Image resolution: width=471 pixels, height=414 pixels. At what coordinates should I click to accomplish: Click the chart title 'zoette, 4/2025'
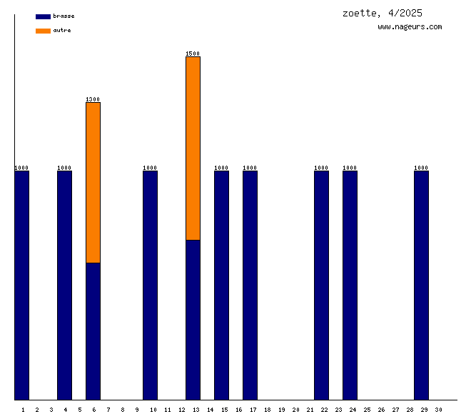pyautogui.click(x=382, y=13)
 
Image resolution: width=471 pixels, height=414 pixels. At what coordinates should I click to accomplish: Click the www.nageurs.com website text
pyautogui.click(x=410, y=27)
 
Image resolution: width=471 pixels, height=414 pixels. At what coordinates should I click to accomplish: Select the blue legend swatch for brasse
pyautogui.click(x=43, y=16)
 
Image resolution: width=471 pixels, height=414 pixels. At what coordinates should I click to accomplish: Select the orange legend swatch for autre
pyautogui.click(x=43, y=31)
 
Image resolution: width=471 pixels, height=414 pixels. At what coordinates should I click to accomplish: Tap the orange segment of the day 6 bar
pyautogui.click(x=93, y=183)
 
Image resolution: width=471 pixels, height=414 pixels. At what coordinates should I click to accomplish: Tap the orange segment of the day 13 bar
pyautogui.click(x=193, y=148)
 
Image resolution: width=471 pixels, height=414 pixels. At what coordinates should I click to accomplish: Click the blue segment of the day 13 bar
pyautogui.click(x=193, y=320)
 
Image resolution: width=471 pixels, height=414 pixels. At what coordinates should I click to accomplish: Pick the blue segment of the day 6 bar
pyautogui.click(x=93, y=331)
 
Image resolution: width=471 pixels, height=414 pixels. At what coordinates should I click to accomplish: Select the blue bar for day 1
pyautogui.click(x=22, y=286)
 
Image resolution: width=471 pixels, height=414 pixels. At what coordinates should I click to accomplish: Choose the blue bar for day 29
pyautogui.click(x=421, y=286)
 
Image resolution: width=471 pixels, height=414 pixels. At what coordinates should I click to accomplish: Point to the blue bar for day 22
pyautogui.click(x=321, y=286)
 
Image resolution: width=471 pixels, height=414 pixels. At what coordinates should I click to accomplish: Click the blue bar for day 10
pyautogui.click(x=150, y=286)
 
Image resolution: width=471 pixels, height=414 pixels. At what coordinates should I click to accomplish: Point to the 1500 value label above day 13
pyautogui.click(x=193, y=54)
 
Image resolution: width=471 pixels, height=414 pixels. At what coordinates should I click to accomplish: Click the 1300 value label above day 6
pyautogui.click(x=93, y=99)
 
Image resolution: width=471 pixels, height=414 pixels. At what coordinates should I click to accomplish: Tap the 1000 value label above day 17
pyautogui.click(x=250, y=168)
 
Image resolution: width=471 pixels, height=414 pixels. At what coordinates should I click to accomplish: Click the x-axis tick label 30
pyautogui.click(x=438, y=409)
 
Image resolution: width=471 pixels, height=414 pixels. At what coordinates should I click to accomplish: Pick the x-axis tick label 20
pyautogui.click(x=295, y=409)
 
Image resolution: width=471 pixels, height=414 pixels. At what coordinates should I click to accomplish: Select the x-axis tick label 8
pyautogui.click(x=123, y=409)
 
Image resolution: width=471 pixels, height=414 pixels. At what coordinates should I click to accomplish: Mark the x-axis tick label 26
pyautogui.click(x=381, y=409)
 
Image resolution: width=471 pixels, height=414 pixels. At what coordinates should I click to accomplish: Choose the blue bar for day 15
pyautogui.click(x=221, y=286)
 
